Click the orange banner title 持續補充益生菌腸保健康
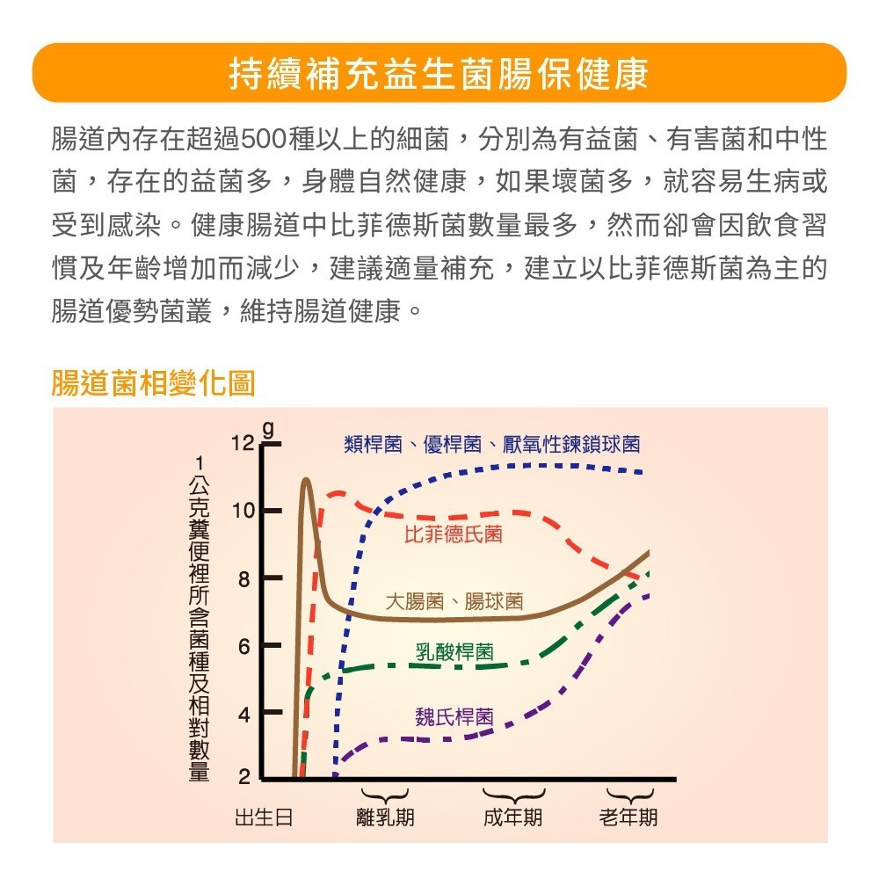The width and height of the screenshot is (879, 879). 439,74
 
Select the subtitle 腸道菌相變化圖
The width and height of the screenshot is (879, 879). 153,383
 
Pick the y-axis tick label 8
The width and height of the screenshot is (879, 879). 247,579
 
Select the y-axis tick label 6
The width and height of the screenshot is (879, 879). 247,647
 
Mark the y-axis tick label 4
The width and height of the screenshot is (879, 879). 247,714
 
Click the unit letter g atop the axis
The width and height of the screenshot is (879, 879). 270,432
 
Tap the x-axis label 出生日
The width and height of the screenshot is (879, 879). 264,817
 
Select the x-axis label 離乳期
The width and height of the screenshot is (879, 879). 385,817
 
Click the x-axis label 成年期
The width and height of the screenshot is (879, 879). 513,817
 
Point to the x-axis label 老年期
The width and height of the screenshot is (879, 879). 628,817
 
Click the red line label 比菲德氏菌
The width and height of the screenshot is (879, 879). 454,534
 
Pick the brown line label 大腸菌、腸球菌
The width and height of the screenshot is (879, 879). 454,601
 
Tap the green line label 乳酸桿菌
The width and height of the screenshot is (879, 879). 454,651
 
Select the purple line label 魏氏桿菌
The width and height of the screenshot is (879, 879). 454,716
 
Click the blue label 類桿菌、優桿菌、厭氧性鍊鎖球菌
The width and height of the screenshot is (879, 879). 491,445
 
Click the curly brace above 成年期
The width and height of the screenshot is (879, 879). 513,795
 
